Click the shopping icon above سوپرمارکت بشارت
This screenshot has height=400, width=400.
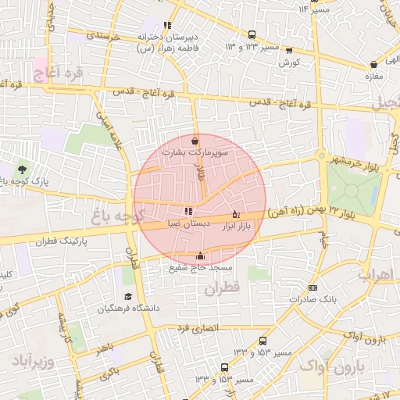pyautogui.click(x=194, y=141)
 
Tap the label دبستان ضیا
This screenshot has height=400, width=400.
pyautogui.click(x=188, y=223)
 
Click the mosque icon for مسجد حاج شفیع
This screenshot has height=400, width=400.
pyautogui.click(x=201, y=255)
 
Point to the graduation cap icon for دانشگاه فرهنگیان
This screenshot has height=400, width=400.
pyautogui.click(x=128, y=297)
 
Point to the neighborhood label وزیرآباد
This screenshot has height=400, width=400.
pyautogui.click(x=32, y=362)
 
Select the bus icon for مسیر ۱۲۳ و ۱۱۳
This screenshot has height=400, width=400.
pyautogui.click(x=252, y=35)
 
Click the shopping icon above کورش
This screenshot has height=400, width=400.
pyautogui.click(x=289, y=52)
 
